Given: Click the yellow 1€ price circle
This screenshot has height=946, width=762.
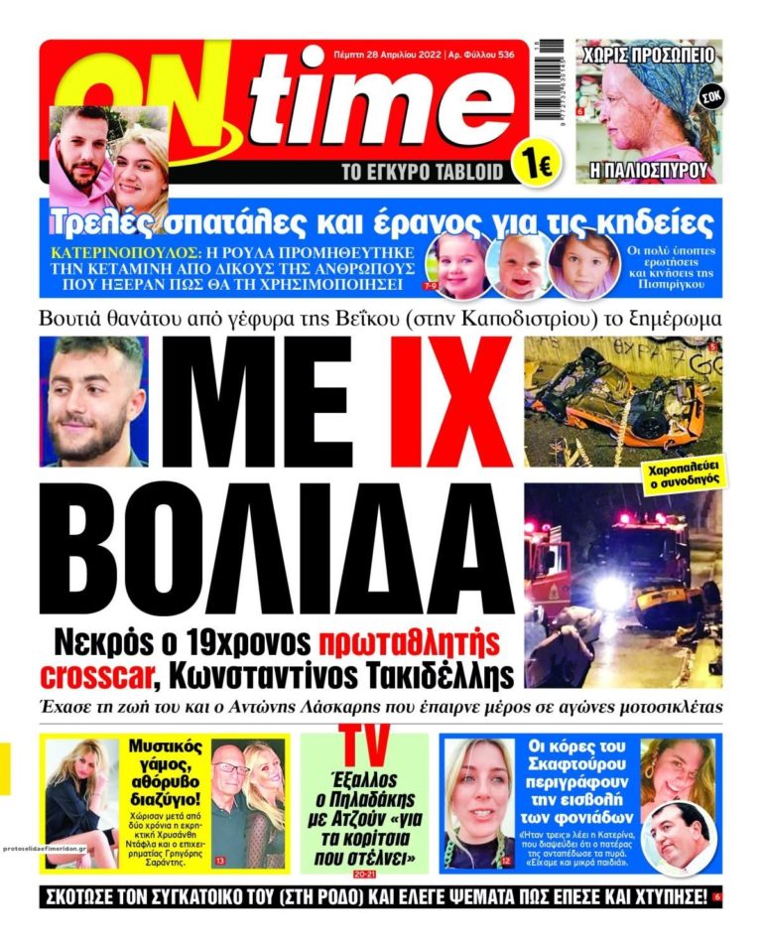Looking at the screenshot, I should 532,164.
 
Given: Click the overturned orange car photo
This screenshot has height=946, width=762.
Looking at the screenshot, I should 622,401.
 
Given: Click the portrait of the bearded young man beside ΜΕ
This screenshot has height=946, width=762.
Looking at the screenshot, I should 96,401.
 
